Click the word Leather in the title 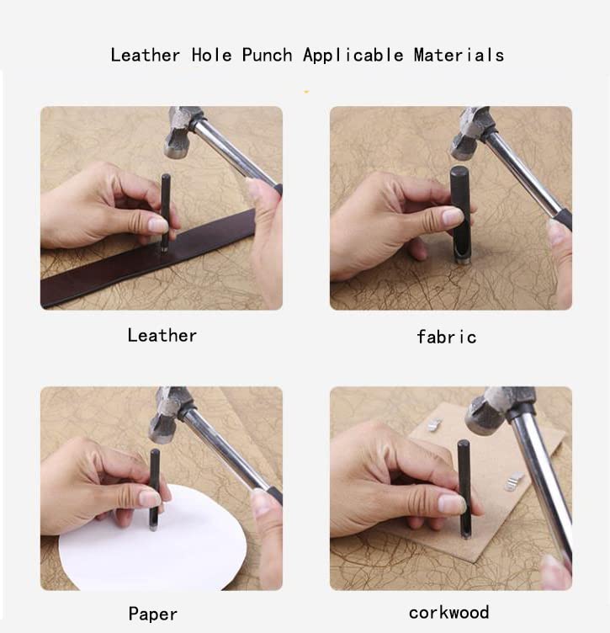(x=145, y=56)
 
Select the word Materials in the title (x=459, y=56)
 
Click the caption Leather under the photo (x=162, y=335)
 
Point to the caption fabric (x=446, y=337)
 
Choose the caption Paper (x=152, y=614)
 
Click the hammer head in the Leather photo (x=182, y=131)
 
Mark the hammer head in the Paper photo (x=167, y=413)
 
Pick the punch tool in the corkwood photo (x=464, y=488)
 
